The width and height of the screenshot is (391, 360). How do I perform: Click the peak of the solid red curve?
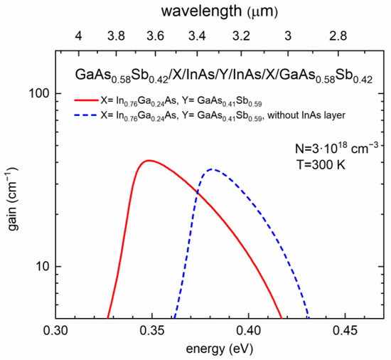(148, 161)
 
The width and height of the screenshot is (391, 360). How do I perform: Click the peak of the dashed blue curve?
(211, 169)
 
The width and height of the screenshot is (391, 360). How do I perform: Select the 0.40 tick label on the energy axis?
(248, 331)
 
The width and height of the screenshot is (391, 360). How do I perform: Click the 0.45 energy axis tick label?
(345, 331)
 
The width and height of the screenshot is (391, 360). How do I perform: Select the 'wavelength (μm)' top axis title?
(200, 11)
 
